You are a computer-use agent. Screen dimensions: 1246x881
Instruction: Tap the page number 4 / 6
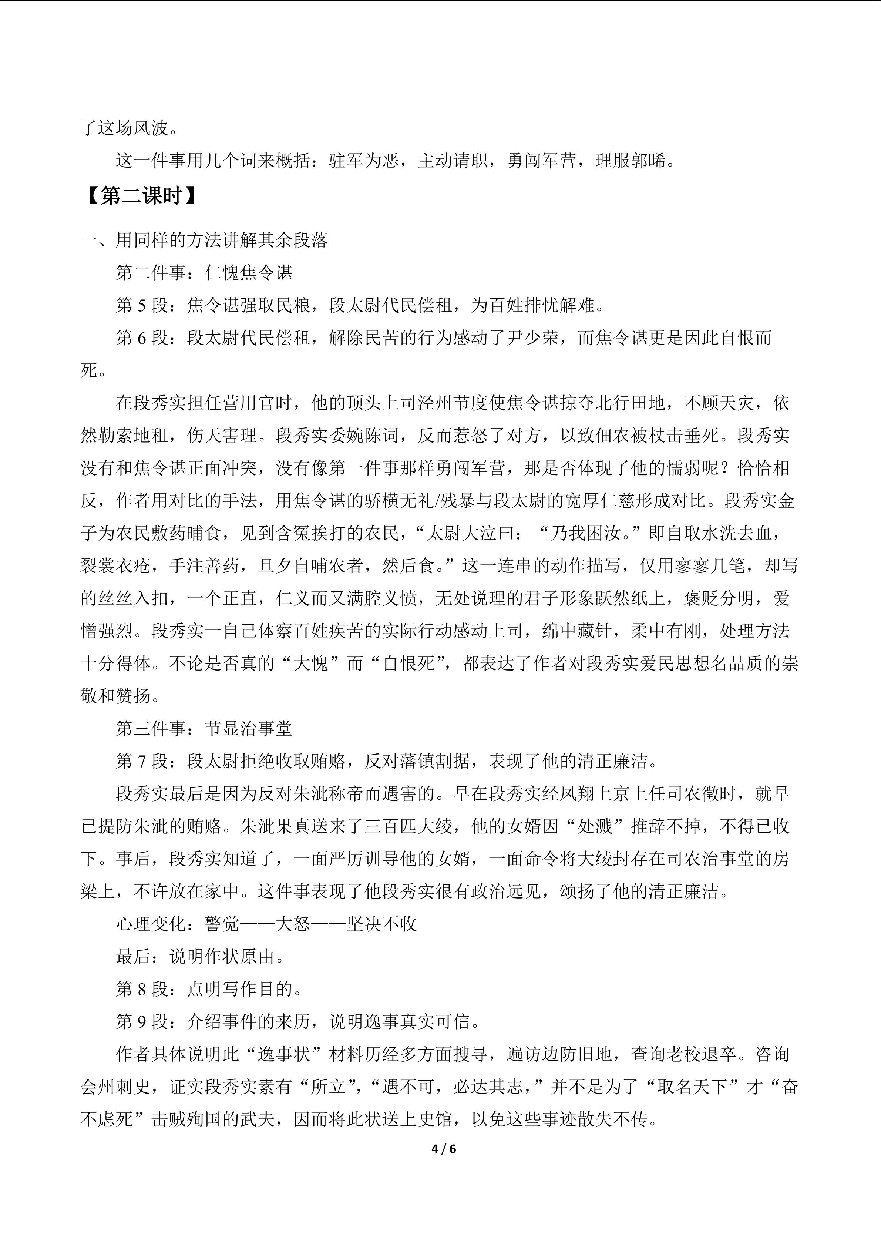tap(443, 1148)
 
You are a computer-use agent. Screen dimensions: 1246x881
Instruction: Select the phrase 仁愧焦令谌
tap(248, 272)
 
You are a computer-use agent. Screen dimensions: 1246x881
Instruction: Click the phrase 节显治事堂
tap(248, 728)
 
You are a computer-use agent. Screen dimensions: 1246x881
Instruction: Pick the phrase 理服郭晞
tap(631, 161)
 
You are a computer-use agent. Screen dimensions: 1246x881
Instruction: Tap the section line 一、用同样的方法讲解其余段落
tap(204, 240)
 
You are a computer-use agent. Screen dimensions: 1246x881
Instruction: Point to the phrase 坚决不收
tap(381, 924)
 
